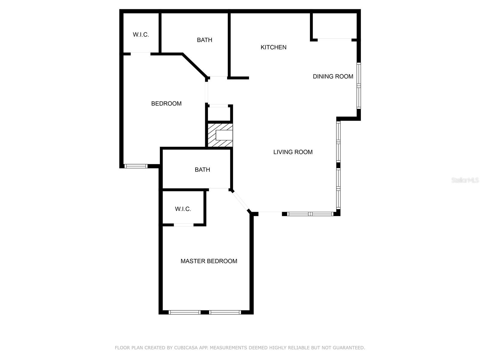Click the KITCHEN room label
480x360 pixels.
(x=273, y=47)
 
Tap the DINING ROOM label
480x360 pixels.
(x=333, y=76)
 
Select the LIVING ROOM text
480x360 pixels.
(x=293, y=152)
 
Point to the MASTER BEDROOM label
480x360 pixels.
(x=209, y=261)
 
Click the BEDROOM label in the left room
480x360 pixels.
(x=166, y=104)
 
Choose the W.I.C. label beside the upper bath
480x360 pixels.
(x=141, y=35)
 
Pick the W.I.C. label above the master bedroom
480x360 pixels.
(x=183, y=209)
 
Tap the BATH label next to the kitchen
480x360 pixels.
(x=204, y=40)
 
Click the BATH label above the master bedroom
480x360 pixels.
(x=202, y=170)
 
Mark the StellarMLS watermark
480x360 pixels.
(x=465, y=180)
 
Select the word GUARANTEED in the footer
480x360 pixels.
(x=349, y=348)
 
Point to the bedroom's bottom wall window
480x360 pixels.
(x=136, y=166)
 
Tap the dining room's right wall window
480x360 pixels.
(x=358, y=85)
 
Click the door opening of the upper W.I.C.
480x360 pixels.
(x=140, y=54)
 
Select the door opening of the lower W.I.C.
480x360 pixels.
(x=184, y=225)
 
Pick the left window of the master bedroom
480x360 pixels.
(x=184, y=312)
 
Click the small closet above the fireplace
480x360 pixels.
(x=219, y=114)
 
